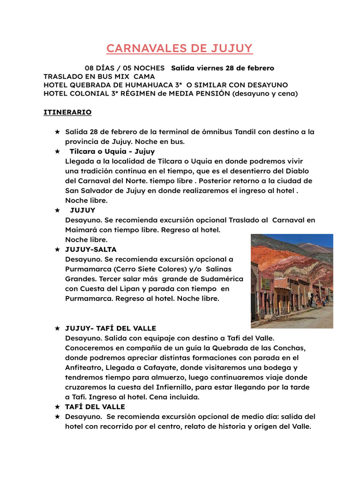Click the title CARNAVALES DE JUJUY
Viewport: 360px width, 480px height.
[179, 48]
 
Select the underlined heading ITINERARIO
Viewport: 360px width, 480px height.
[67, 112]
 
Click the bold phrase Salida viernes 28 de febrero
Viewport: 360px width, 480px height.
[223, 68]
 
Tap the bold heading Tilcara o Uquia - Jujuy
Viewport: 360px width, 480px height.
[112, 151]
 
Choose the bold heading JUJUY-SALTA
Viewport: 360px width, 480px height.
[91, 249]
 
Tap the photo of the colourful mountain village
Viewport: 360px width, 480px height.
[292, 281]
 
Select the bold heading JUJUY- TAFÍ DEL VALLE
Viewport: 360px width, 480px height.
[111, 328]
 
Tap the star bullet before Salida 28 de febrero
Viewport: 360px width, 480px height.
[57, 132]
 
